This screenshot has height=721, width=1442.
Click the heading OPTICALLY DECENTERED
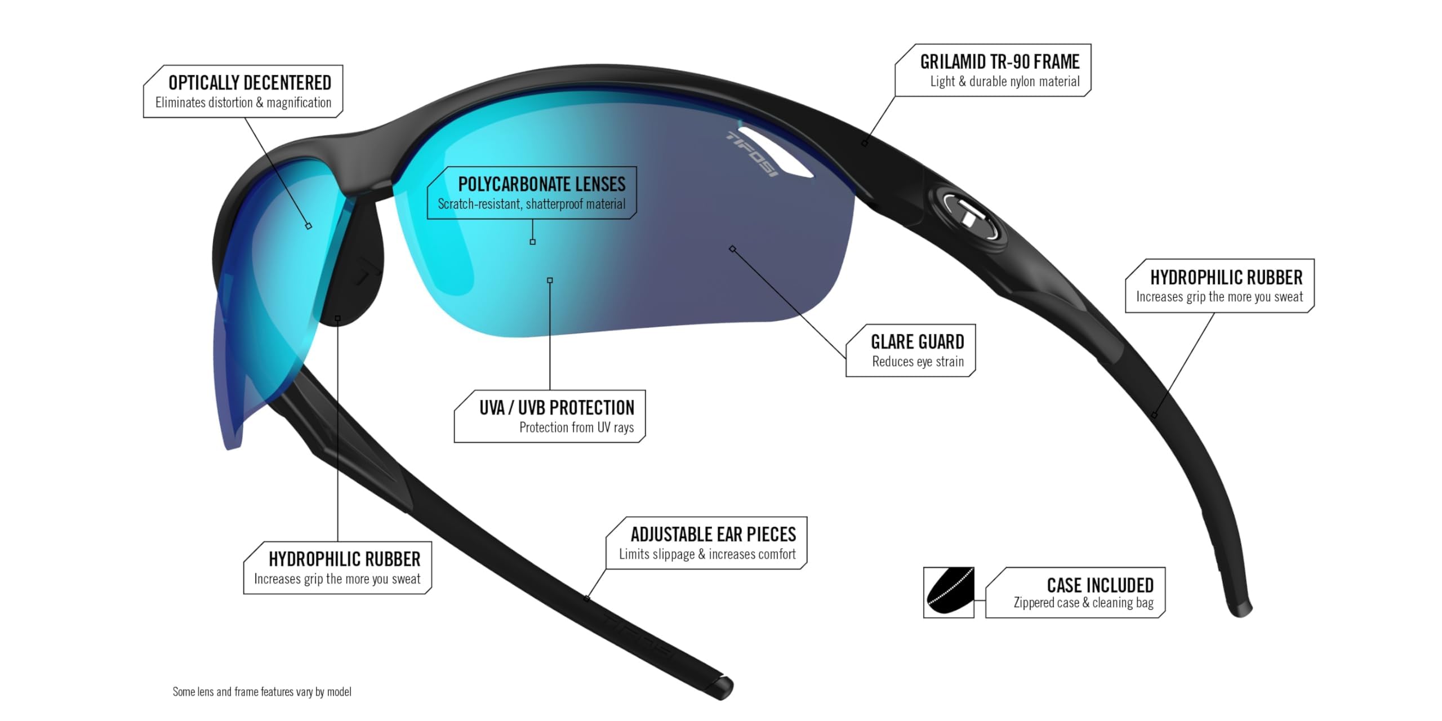click(250, 83)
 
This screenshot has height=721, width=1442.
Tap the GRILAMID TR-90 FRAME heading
click(1000, 61)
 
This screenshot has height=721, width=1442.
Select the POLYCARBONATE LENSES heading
click(541, 184)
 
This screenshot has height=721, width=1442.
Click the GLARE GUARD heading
click(917, 342)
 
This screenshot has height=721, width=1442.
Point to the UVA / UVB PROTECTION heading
click(557, 407)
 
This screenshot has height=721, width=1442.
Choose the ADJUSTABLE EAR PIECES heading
click(713, 534)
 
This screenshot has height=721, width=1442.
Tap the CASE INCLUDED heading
click(1100, 585)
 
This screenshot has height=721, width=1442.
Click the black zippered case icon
click(949, 593)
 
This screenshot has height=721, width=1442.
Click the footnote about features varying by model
click(262, 692)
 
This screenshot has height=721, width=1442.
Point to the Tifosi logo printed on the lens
click(751, 153)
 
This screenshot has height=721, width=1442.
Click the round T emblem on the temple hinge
click(971, 217)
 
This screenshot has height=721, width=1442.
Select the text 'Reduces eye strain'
click(918, 362)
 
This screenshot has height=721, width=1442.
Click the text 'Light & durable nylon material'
click(1005, 82)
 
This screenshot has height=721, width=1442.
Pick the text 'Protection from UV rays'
click(576, 428)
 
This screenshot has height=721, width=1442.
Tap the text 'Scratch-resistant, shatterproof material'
click(531, 204)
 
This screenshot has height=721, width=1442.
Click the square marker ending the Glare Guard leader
click(732, 249)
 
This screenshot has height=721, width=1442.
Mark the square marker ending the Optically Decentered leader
click(309, 226)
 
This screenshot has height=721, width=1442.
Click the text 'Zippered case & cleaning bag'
click(1083, 603)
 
